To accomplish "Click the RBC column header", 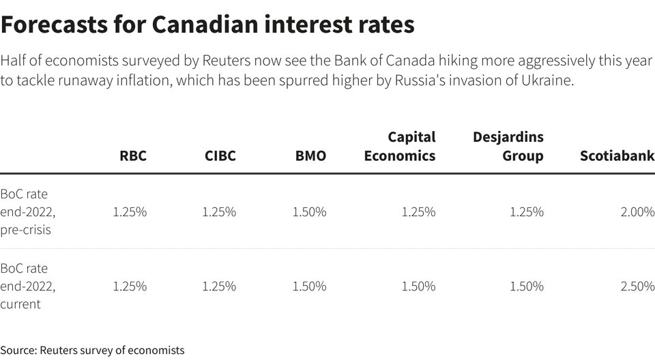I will coord(133,156).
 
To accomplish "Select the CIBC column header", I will coord(220,156).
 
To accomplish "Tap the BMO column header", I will coord(310,156).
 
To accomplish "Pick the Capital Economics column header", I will coord(400,147).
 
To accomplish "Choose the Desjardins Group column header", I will coord(508,147).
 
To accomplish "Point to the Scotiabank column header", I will coord(617,156).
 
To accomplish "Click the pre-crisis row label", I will coord(28,212).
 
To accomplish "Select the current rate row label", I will coord(28,286).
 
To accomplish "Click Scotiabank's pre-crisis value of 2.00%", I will coord(637,212).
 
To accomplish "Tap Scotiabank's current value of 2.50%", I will coord(637,286).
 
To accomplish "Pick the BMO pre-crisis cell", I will coord(309,212).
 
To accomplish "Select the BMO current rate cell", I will coord(309,286).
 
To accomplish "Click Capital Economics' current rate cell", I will coord(418,286).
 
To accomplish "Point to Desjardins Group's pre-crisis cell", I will coord(527,212).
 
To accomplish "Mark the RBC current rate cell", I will coord(130,286).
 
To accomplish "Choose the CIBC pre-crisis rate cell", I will coord(219,212).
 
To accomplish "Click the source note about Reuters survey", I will coord(92,350).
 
